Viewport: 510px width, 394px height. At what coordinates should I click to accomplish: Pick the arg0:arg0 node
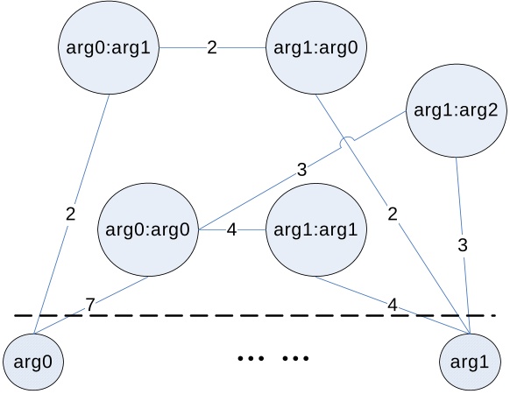coord(147,230)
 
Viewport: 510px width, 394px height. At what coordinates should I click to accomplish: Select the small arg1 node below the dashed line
coord(471,361)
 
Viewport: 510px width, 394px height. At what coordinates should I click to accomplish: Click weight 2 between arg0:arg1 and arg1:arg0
coord(211,47)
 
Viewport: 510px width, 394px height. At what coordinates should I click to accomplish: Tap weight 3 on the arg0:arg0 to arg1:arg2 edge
coord(301,170)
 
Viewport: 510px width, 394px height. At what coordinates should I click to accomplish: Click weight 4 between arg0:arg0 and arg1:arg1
coord(231,230)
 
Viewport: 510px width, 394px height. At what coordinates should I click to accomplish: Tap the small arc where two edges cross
coord(348,140)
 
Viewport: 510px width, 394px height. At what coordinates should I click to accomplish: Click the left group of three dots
coord(251,358)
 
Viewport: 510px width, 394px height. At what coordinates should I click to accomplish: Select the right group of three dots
coord(295,358)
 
